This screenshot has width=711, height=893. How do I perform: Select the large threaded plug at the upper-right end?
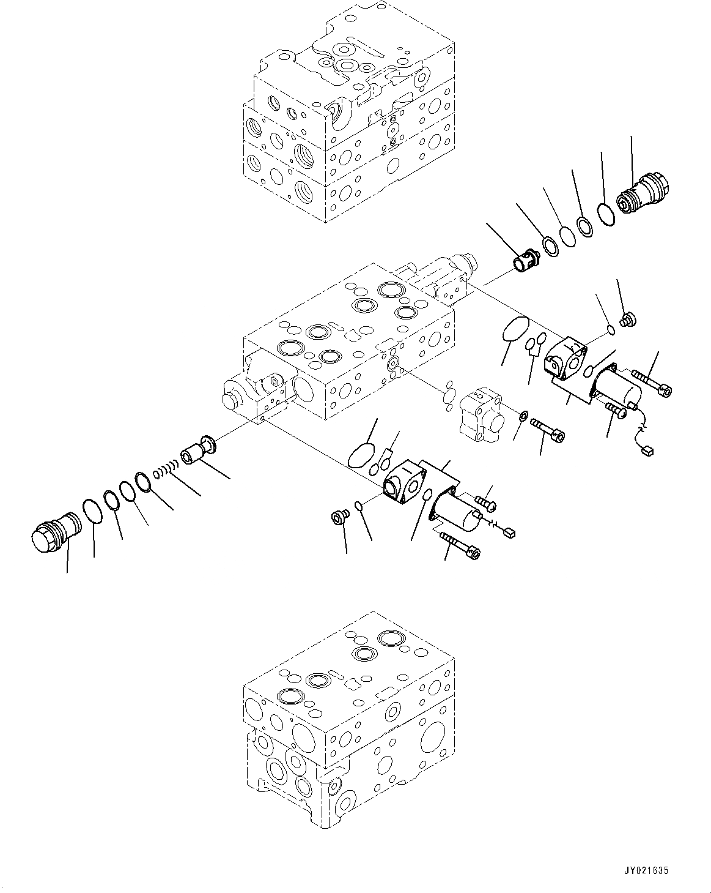pyautogui.click(x=645, y=195)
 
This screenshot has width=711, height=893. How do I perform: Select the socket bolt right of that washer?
pyautogui.click(x=548, y=428)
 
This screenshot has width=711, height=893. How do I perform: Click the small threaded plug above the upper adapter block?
pyautogui.click(x=627, y=319)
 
